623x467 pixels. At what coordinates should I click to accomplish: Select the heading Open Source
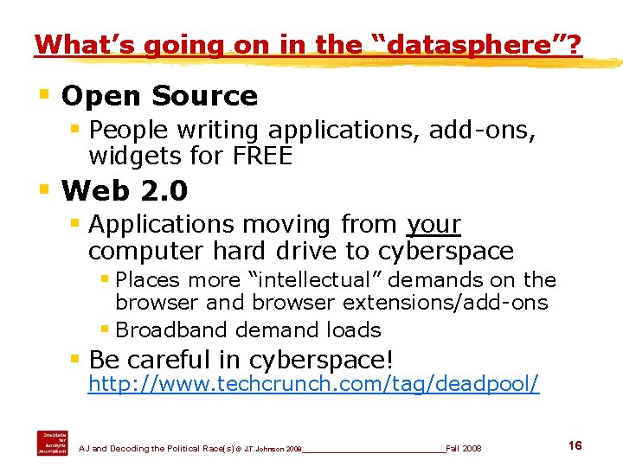[159, 96]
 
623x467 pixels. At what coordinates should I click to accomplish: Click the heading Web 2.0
[125, 189]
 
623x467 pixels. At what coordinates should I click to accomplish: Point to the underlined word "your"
[433, 224]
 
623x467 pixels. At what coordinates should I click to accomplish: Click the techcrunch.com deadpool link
[314, 384]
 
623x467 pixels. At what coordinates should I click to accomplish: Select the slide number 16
[575, 445]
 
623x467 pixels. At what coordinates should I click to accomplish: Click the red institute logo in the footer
[51, 442]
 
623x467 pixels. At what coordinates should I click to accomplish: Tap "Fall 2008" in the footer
[464, 449]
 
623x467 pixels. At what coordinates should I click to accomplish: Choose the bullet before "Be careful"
[75, 355]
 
